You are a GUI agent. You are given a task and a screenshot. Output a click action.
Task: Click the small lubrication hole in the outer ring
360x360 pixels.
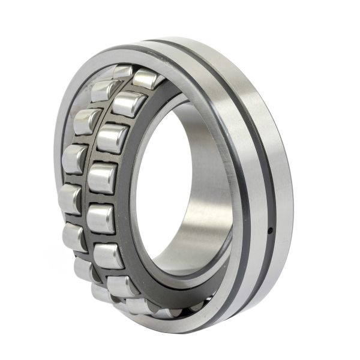tap(270, 229)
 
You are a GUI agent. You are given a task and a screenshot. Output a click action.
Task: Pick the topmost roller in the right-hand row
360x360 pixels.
tap(146, 79)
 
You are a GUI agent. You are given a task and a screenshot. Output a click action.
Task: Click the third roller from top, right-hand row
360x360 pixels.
tap(112, 139)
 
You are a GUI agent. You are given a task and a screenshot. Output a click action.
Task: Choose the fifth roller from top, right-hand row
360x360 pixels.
tap(100, 219)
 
